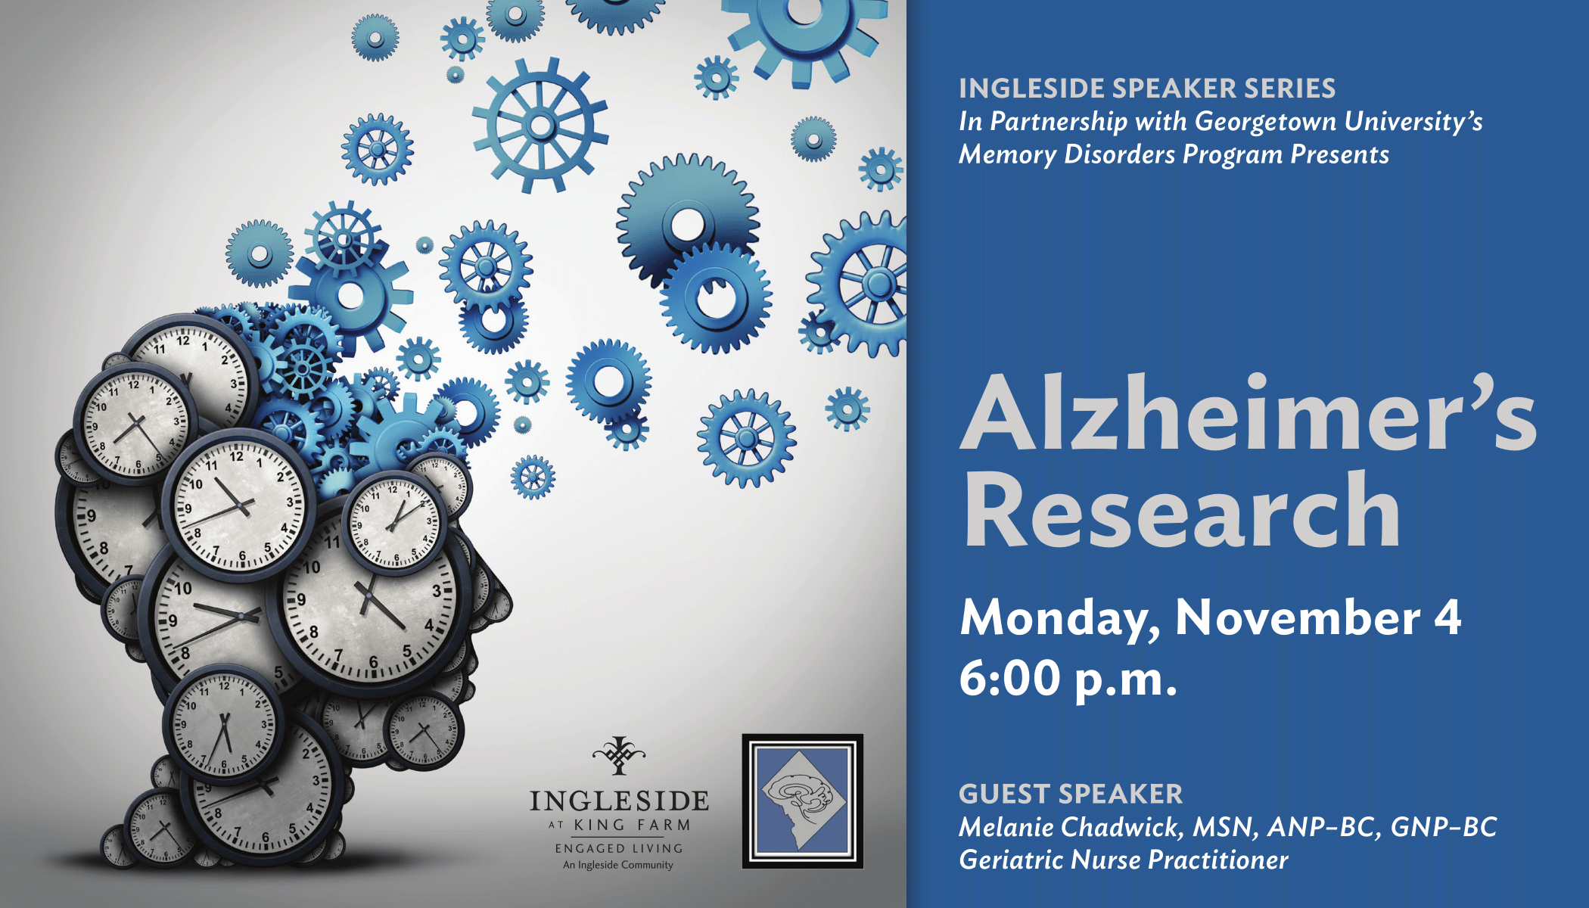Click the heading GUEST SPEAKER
pos(1070,794)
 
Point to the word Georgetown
pos(1265,122)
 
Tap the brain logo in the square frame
pos(803,801)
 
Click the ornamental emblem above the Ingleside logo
pos(619,755)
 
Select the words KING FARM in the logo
pos(632,825)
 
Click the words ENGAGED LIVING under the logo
pos(619,848)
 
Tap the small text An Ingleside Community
pos(618,865)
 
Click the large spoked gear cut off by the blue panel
pos(855,285)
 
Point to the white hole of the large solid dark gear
pos(688,225)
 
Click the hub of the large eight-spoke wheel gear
pos(541,126)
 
